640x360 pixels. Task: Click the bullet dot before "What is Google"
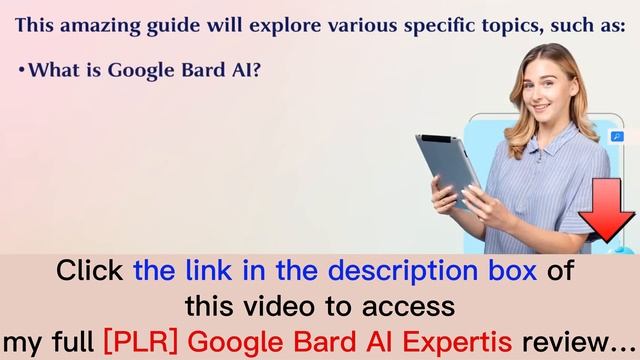[x=21, y=71]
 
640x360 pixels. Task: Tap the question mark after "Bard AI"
[x=256, y=70]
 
